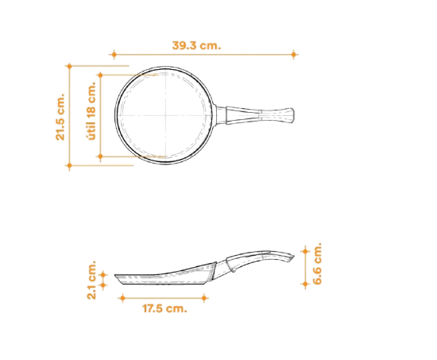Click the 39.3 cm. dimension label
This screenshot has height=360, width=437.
tap(196, 45)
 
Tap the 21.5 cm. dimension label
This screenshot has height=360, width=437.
tap(60, 117)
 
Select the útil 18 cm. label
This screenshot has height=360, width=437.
tap(91, 110)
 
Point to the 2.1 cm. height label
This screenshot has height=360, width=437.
tap(91, 280)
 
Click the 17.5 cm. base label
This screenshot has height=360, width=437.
tap(164, 308)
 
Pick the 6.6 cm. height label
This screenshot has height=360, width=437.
tap(317, 264)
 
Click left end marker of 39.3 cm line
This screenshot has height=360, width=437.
tap(114, 54)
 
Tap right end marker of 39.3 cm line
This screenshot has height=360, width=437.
tap(293, 54)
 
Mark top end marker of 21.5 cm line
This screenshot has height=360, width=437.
tap(69, 66)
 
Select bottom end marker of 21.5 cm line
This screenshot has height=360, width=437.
tap(69, 165)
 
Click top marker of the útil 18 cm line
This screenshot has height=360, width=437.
tap(101, 75)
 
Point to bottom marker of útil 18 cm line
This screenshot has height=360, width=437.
tap(101, 157)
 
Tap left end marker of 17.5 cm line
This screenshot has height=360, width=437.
tap(122, 298)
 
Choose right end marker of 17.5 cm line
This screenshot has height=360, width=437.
tap(204, 298)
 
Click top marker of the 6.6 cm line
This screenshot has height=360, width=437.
tap(305, 251)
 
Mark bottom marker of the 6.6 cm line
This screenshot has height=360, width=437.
tap(305, 285)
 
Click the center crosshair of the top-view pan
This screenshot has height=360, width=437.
tap(166, 115)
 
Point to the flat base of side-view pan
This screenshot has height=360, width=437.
tap(164, 284)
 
